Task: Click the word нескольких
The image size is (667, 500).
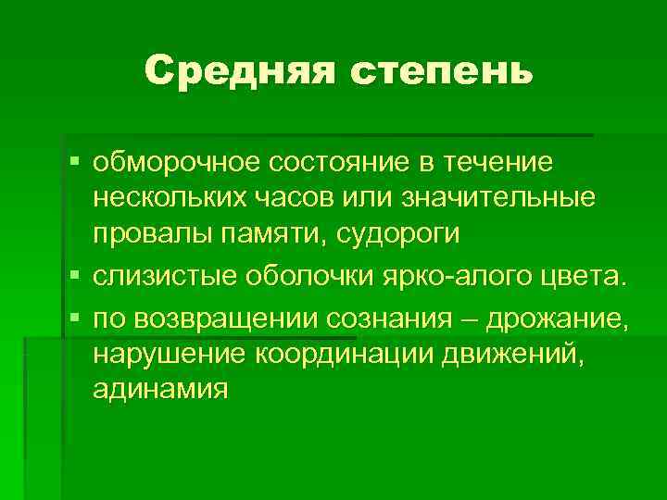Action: (x=169, y=199)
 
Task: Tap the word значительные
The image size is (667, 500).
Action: (x=498, y=199)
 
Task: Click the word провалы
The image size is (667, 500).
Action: (x=149, y=234)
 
